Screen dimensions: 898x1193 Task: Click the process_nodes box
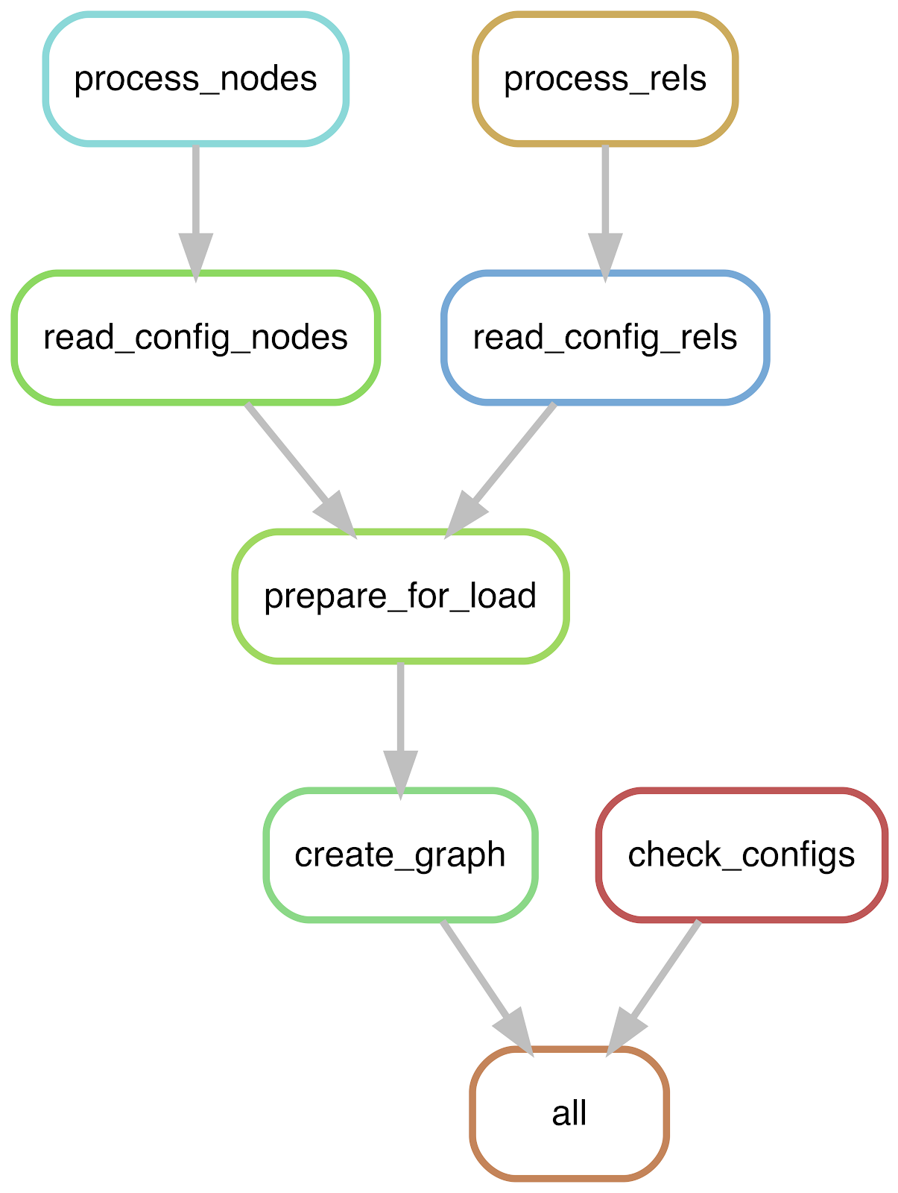pos(195,79)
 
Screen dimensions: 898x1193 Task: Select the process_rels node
pos(605,79)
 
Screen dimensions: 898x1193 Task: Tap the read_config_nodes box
pos(195,338)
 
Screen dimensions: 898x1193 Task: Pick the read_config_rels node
pos(605,338)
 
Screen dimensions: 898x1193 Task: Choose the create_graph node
pos(400,855)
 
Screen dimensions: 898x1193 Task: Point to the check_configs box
pos(742,855)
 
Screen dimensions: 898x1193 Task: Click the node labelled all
pos(569,1114)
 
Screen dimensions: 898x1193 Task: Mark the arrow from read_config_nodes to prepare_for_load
pos(301,470)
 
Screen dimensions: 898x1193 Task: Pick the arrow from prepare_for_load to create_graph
pos(400,731)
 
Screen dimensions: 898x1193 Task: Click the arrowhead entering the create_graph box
pos(400,776)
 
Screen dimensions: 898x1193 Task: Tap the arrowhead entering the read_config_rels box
pos(605,259)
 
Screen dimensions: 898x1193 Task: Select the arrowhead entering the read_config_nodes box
pos(195,259)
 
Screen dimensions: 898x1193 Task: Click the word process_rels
pos(605,80)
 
